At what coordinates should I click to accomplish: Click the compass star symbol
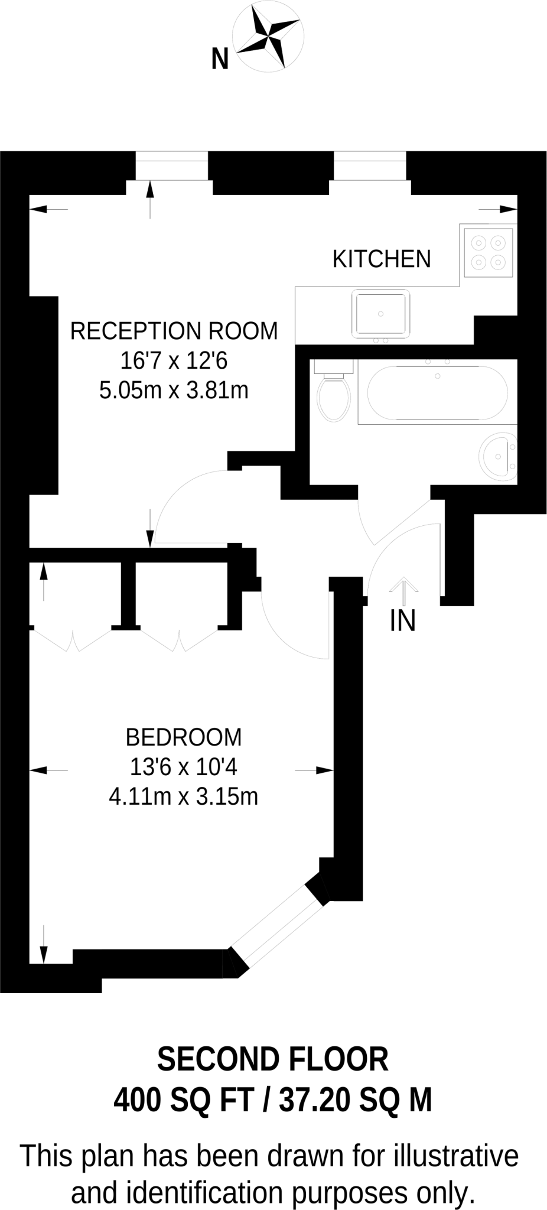(x=268, y=35)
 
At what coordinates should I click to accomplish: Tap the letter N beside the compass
(x=220, y=60)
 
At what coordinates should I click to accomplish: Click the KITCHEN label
(x=382, y=259)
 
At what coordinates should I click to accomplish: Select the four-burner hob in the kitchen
(x=489, y=252)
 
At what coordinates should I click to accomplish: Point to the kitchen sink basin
(x=381, y=313)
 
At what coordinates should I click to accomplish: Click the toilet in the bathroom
(x=334, y=396)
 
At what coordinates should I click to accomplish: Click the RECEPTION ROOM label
(x=174, y=331)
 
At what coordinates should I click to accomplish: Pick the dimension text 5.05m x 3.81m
(x=174, y=391)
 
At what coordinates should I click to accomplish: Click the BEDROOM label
(x=184, y=737)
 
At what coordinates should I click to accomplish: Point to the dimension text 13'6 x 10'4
(x=184, y=767)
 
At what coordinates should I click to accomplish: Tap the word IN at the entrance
(x=403, y=621)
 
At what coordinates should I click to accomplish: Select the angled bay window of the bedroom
(x=278, y=926)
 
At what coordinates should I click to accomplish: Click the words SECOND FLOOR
(x=273, y=1059)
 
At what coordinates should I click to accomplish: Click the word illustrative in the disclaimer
(x=456, y=1156)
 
